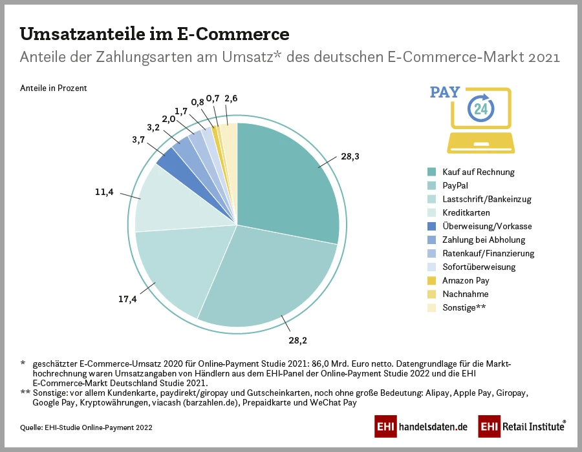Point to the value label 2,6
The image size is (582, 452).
click(230, 99)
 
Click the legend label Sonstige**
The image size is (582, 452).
click(464, 308)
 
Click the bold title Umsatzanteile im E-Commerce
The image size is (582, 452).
click(155, 34)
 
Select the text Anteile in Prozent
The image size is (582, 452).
click(53, 88)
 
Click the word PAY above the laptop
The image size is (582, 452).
click(445, 92)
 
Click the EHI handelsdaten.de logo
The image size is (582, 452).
click(421, 427)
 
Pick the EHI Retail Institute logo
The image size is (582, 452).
click(522, 427)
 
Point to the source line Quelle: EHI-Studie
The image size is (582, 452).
click(87, 427)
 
